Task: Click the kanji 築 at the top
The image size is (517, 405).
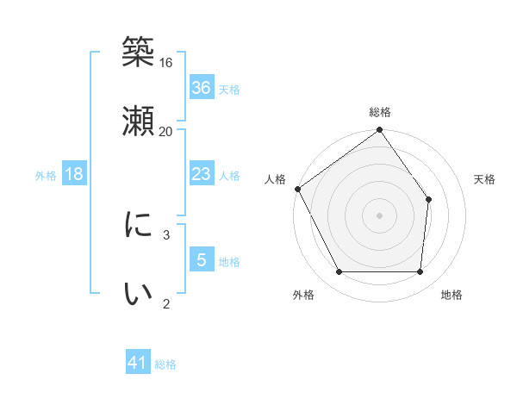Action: click(138, 53)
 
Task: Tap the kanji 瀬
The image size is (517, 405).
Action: click(138, 121)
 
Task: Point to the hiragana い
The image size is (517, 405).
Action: click(138, 294)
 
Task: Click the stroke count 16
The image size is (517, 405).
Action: click(166, 62)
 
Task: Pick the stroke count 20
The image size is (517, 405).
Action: click(166, 131)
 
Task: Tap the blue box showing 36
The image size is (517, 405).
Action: click(202, 88)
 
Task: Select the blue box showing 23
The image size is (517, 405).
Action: click(202, 174)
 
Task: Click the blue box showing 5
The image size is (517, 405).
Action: click(202, 259)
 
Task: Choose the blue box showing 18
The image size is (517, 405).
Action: click(74, 174)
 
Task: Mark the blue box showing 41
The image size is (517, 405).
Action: click(138, 363)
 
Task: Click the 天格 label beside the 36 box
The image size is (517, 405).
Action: click(229, 90)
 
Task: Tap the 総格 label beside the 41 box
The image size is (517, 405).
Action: click(165, 364)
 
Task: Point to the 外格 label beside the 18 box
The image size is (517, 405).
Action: click(46, 176)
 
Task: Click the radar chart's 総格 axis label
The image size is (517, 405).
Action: click(380, 112)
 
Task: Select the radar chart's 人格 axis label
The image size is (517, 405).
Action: click(276, 179)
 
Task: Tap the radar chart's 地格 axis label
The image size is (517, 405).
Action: click(452, 296)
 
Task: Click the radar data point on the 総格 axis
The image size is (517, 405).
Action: click(379, 131)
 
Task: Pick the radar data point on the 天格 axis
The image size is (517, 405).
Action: click(428, 199)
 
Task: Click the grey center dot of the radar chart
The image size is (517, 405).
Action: click(379, 215)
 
